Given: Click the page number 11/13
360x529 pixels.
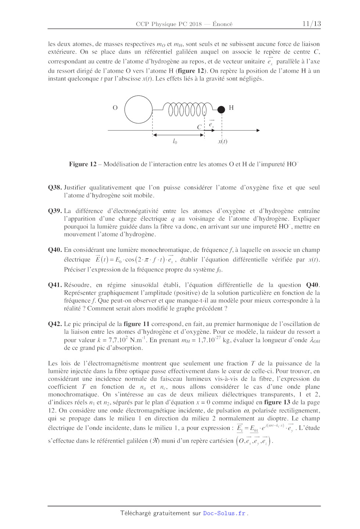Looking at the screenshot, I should pyautogui.click(x=311, y=24).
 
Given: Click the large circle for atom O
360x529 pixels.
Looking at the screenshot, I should pyautogui.click(x=138, y=109).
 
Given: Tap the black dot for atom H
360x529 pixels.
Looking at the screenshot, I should pyautogui.click(x=221, y=109).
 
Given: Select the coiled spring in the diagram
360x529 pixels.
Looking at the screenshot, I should pyautogui.click(x=187, y=109).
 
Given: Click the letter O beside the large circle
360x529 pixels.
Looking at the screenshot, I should pyautogui.click(x=115, y=108).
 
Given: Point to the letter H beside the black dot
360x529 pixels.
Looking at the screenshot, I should pyautogui.click(x=231, y=108).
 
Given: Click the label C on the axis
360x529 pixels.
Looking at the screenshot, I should pyautogui.click(x=199, y=127).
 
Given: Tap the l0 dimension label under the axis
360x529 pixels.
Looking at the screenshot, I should pyautogui.click(x=175, y=141).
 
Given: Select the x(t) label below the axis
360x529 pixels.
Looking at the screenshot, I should pyautogui.click(x=223, y=141).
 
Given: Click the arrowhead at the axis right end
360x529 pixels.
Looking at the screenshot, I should pyautogui.click(x=258, y=130).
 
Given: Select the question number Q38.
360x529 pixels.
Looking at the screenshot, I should pyautogui.click(x=55, y=188).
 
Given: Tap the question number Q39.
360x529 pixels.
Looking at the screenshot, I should pyautogui.click(x=55, y=211).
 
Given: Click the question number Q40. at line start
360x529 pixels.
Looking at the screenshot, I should pyautogui.click(x=55, y=250).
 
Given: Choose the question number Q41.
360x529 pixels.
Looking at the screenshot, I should pyautogui.click(x=55, y=285).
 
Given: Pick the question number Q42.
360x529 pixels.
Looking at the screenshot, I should pyautogui.click(x=55, y=324).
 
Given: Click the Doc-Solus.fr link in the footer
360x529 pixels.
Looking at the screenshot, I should pyautogui.click(x=224, y=513).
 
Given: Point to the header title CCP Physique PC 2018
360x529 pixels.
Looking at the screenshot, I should pyautogui.click(x=169, y=24).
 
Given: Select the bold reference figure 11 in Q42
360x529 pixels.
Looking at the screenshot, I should pyautogui.click(x=136, y=324).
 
